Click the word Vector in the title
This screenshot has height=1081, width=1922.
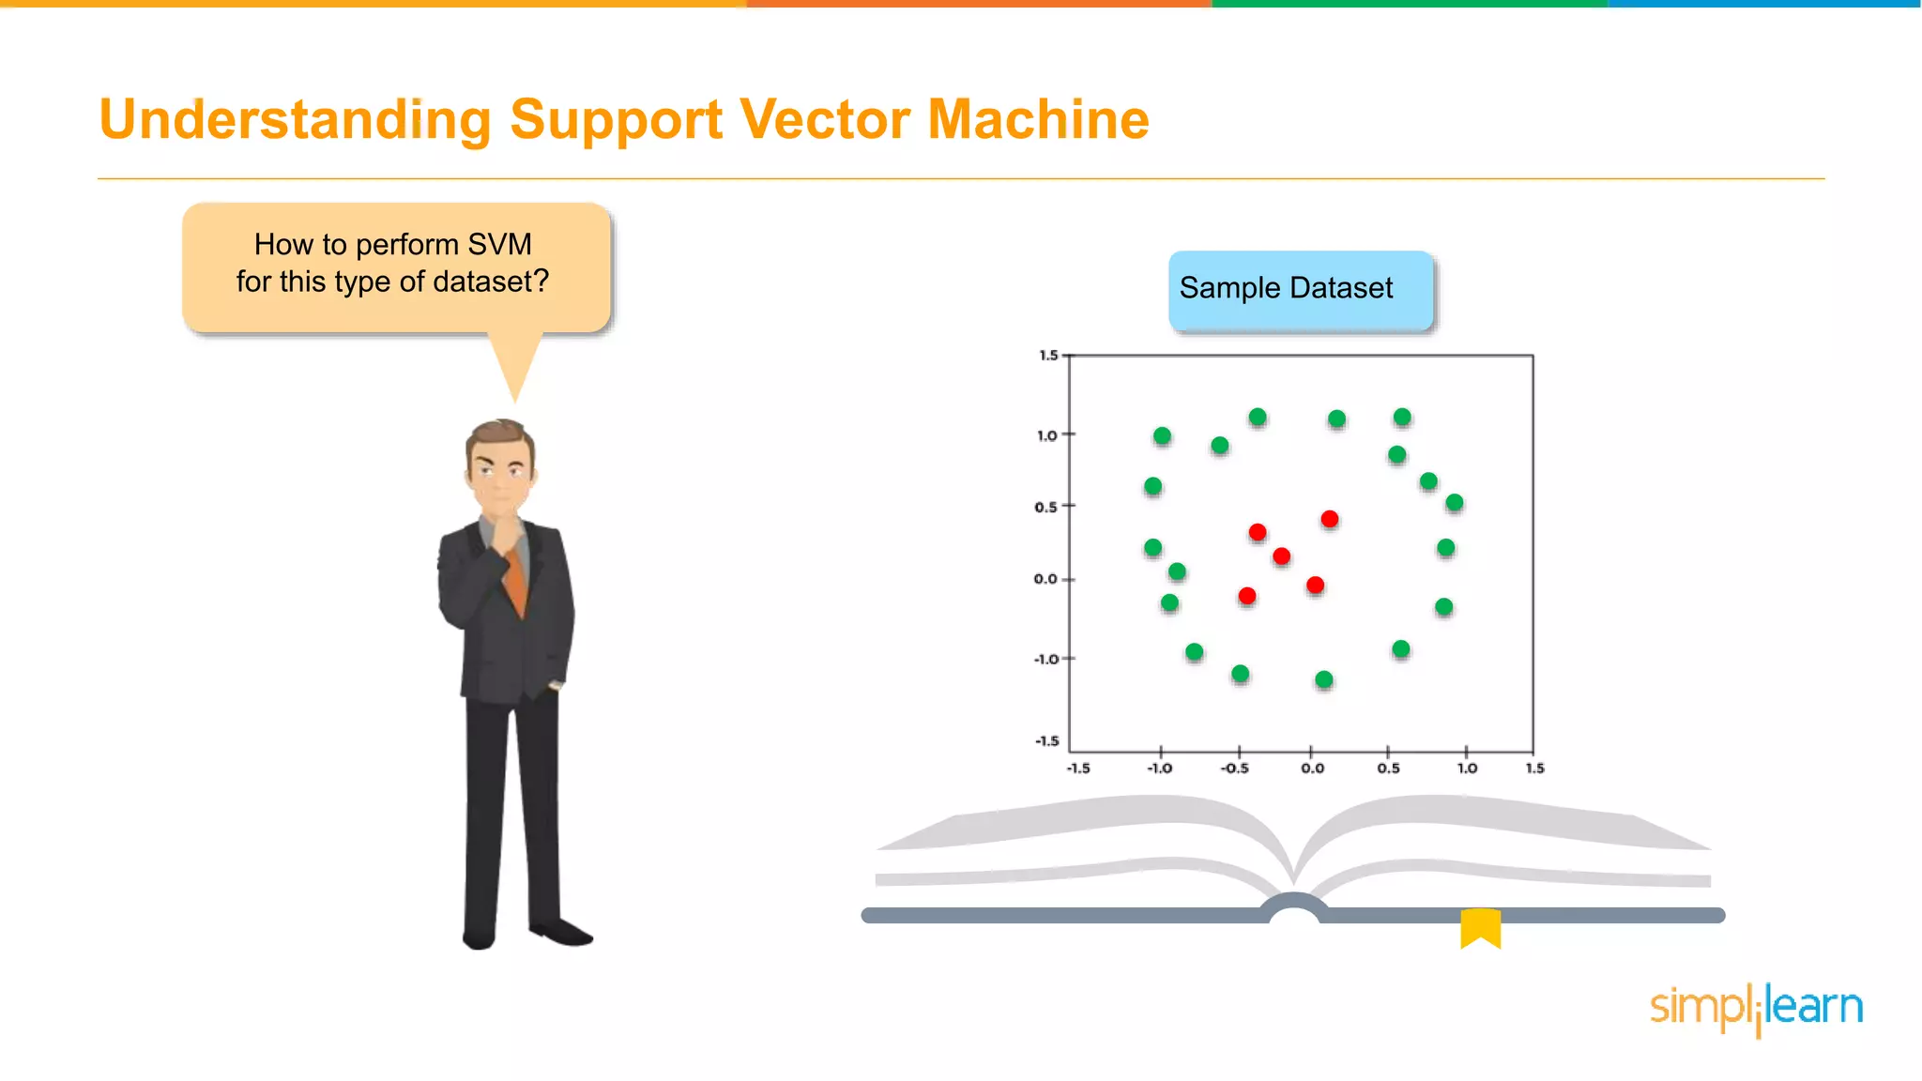point(824,120)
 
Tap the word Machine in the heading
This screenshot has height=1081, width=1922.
point(1038,120)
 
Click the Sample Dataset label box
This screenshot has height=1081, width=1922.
point(1301,289)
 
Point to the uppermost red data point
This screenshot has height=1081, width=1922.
point(1329,519)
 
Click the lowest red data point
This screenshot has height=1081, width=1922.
point(1246,596)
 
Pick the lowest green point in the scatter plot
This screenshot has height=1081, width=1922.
point(1323,679)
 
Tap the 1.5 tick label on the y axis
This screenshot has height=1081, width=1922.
point(1047,356)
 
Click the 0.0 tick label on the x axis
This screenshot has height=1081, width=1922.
point(1312,769)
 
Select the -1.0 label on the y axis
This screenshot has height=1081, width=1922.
point(1045,660)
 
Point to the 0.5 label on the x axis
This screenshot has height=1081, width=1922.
point(1388,769)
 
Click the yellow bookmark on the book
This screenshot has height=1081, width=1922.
point(1480,927)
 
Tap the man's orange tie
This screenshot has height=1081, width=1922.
point(516,582)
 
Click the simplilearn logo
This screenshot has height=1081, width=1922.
point(1756,1008)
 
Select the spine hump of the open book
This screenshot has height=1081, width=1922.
point(1293,906)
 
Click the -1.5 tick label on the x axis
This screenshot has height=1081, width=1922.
point(1078,769)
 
